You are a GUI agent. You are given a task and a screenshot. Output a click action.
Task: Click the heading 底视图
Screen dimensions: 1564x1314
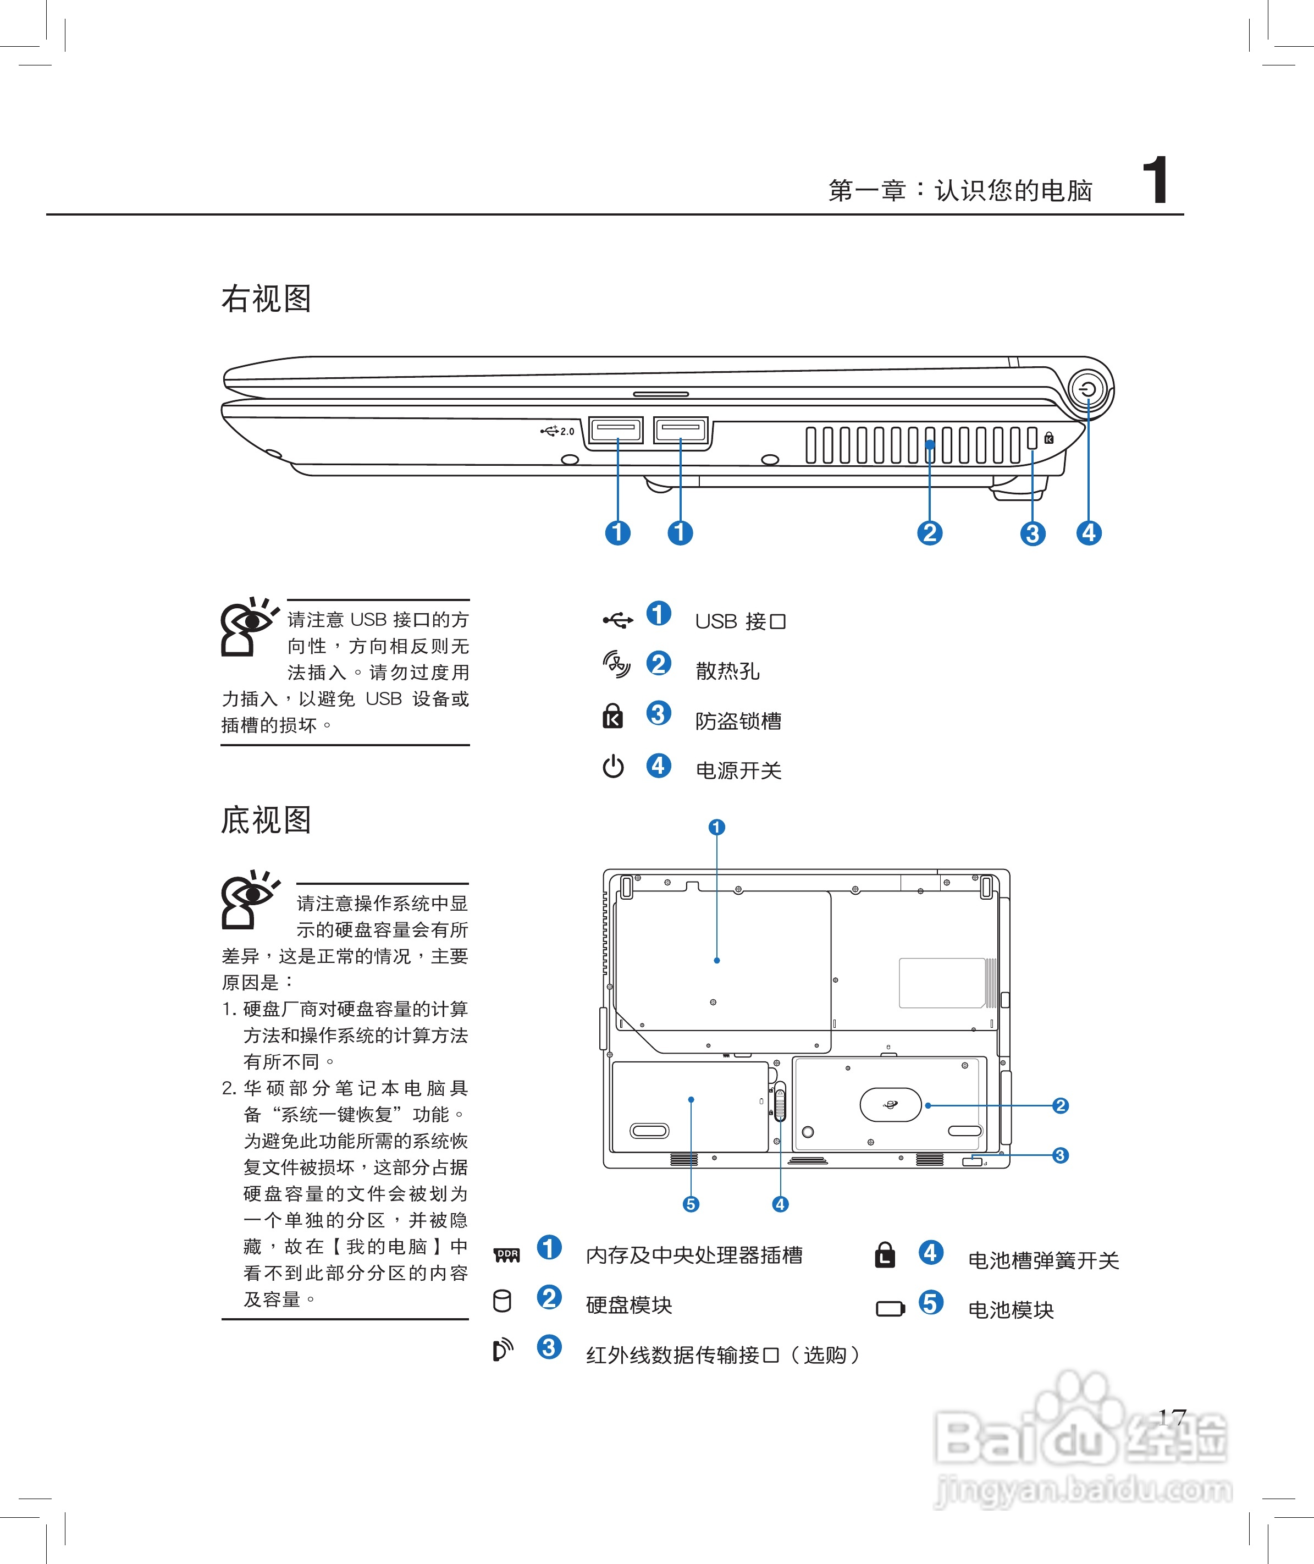[x=266, y=820]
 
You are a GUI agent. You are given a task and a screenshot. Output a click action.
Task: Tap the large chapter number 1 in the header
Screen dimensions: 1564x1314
[x=1155, y=181]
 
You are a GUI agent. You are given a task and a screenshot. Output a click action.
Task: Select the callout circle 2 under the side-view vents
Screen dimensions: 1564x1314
[x=929, y=533]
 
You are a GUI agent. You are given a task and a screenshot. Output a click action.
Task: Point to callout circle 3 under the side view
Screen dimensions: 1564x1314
[x=1032, y=533]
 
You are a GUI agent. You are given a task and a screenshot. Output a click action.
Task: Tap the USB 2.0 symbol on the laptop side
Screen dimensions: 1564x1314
[x=557, y=431]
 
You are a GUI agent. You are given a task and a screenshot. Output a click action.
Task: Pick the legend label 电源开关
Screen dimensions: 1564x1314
[x=738, y=770]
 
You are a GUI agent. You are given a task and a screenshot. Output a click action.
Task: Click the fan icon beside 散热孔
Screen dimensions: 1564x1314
[x=616, y=664]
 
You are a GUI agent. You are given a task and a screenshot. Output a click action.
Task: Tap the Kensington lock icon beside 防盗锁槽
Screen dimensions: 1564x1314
[x=612, y=716]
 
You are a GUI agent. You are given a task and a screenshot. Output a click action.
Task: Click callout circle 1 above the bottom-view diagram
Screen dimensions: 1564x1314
[x=716, y=827]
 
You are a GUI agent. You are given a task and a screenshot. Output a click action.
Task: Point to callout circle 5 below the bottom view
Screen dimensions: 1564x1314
[x=691, y=1204]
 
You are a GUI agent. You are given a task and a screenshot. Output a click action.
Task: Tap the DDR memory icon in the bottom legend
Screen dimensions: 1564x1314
[x=507, y=1255]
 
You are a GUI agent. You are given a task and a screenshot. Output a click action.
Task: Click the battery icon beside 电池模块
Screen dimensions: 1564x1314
[x=890, y=1308]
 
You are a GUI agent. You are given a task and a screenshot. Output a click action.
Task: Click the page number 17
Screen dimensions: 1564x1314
[x=1172, y=1417]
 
